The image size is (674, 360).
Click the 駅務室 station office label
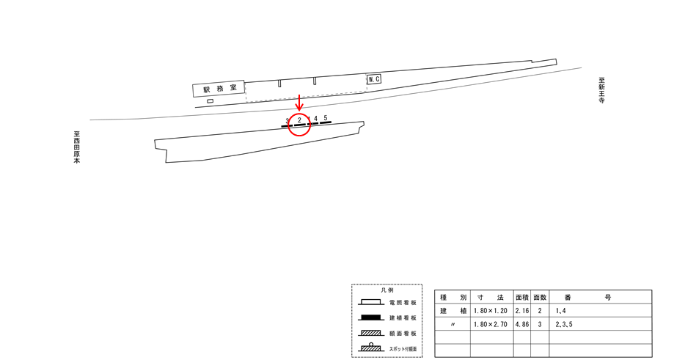[x=220, y=89]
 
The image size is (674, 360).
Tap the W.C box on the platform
[x=374, y=79]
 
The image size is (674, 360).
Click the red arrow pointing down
[x=299, y=103]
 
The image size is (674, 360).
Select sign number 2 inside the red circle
[x=300, y=120]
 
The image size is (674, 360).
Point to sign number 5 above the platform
[x=326, y=118]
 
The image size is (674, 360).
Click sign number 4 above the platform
[x=315, y=119]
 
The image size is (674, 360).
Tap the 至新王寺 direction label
[x=602, y=90]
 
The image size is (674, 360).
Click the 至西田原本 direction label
[x=76, y=147]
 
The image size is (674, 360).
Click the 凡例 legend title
[x=387, y=290]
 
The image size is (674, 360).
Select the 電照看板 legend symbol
[x=370, y=302]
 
